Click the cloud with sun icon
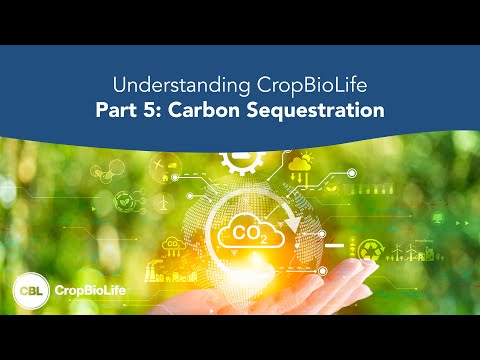pyautogui.click(x=300, y=164)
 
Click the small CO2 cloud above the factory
pyautogui.click(x=173, y=242)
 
